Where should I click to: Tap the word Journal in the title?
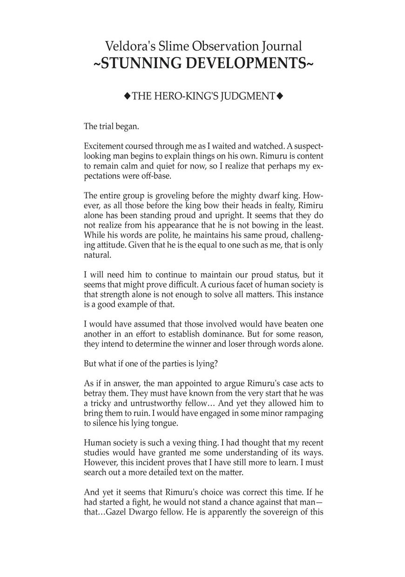click(280, 46)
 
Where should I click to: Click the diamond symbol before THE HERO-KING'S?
click(127, 96)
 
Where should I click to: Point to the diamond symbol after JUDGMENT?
click(280, 96)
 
